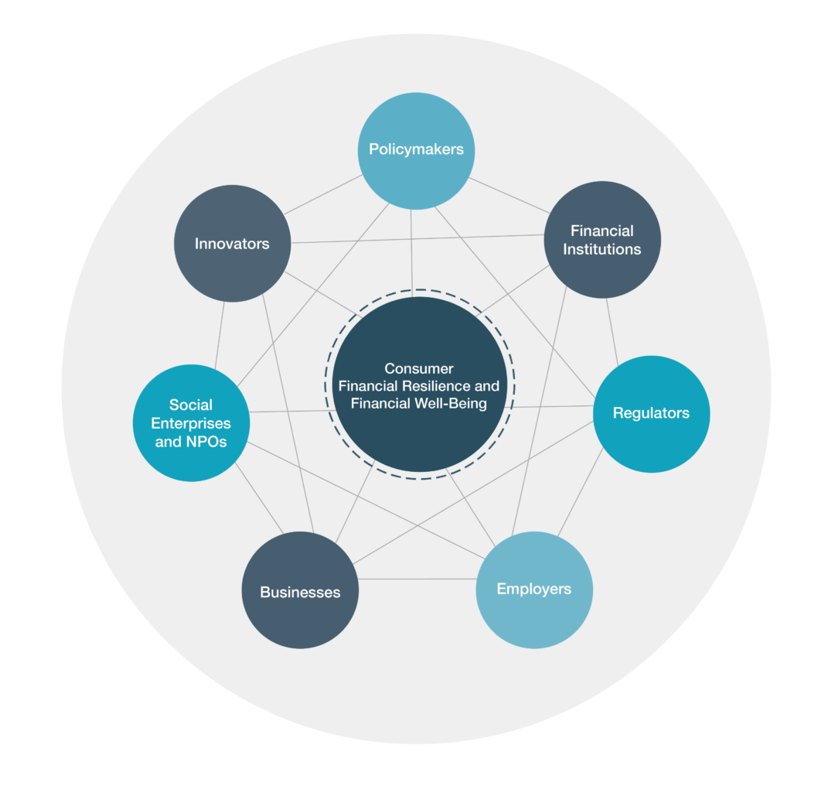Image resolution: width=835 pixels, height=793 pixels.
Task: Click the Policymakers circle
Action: tap(416, 150)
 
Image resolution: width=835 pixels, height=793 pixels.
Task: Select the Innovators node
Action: tap(232, 244)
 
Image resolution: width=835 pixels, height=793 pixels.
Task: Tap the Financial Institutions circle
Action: tap(602, 240)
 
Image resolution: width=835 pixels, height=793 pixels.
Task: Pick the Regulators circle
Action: tap(651, 414)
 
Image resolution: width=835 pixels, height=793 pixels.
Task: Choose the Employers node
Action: tap(533, 590)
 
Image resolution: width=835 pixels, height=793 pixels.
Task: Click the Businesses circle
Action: tap(300, 593)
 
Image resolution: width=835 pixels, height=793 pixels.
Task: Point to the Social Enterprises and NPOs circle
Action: tap(191, 423)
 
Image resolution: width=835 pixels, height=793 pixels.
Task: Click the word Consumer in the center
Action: tap(419, 368)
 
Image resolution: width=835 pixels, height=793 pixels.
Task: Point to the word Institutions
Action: tap(602, 249)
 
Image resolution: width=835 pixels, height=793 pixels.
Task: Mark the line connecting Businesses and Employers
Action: tap(417, 579)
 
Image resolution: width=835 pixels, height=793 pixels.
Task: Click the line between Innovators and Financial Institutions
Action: tap(417, 239)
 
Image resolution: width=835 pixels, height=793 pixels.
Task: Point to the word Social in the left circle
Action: tap(191, 405)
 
